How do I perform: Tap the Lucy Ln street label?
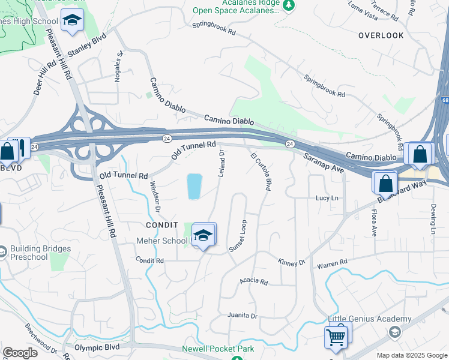[327, 198]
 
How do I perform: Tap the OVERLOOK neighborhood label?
[381, 35]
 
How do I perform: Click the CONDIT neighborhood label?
[163, 224]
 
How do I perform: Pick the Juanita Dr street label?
[243, 316]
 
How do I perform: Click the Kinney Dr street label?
[292, 262]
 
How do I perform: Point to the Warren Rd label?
[332, 263]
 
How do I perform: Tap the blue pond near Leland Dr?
[194, 186]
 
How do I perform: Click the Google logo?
[20, 353]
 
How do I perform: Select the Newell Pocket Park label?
[218, 349]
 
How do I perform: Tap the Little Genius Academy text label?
[370, 319]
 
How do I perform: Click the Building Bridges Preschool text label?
[40, 253]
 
